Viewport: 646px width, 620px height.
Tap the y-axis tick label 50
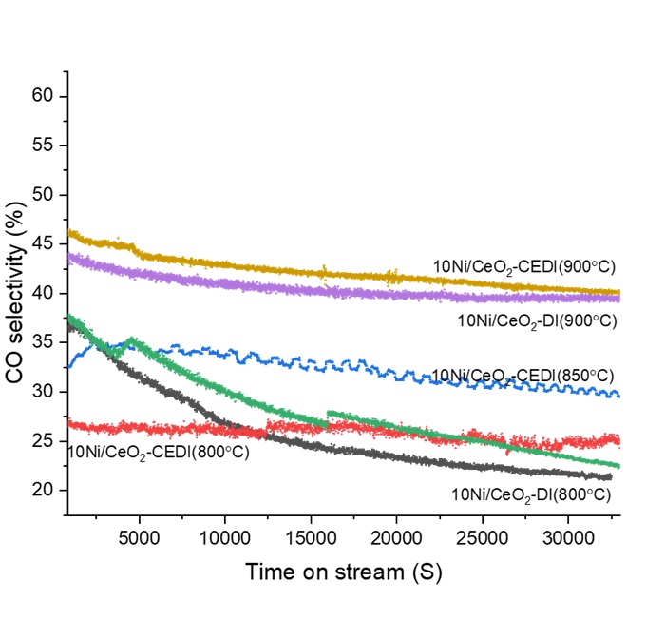pyautogui.click(x=47, y=195)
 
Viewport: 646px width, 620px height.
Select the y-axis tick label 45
pyautogui.click(x=47, y=244)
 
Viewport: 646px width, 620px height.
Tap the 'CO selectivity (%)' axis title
pyautogui.click(x=15, y=292)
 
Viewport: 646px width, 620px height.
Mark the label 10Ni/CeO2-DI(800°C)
pyautogui.click(x=530, y=494)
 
